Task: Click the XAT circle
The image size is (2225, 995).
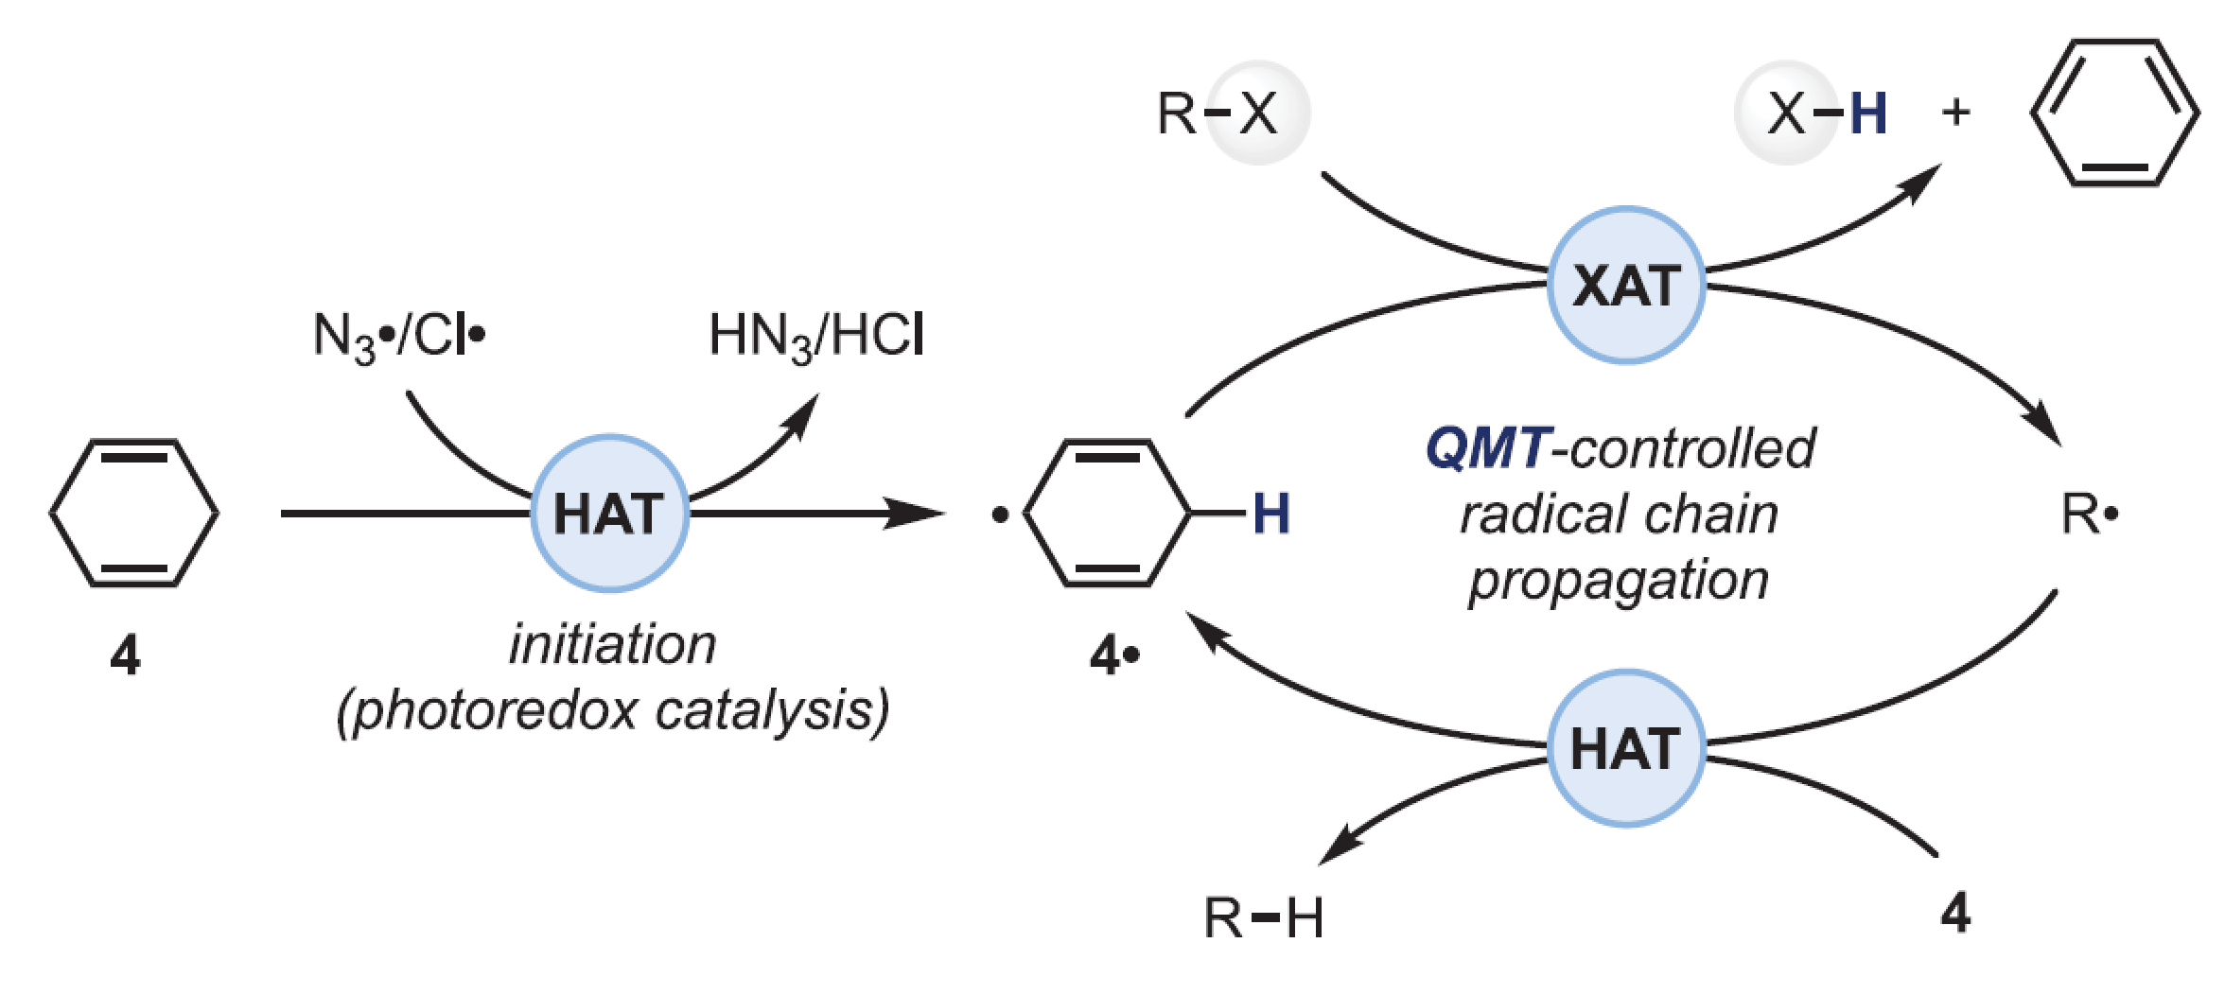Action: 1626,285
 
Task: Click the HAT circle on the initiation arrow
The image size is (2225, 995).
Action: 609,514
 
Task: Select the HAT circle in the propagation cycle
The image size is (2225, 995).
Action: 1626,748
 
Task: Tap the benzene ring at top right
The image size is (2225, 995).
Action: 2115,113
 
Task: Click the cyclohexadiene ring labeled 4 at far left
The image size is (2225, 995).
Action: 134,513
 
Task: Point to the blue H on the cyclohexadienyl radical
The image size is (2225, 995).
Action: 1270,515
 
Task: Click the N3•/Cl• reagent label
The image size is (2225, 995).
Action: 398,336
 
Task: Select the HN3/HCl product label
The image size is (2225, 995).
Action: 816,336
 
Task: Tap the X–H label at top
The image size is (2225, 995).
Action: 1827,113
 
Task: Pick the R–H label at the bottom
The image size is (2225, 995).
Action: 1263,917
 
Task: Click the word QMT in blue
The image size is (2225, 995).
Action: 1487,447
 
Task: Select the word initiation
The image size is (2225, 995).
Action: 612,645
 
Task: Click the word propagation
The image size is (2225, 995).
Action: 1619,580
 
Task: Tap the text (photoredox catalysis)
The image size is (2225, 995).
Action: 613,710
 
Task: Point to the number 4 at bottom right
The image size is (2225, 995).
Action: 1955,913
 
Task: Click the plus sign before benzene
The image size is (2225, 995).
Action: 1955,113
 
